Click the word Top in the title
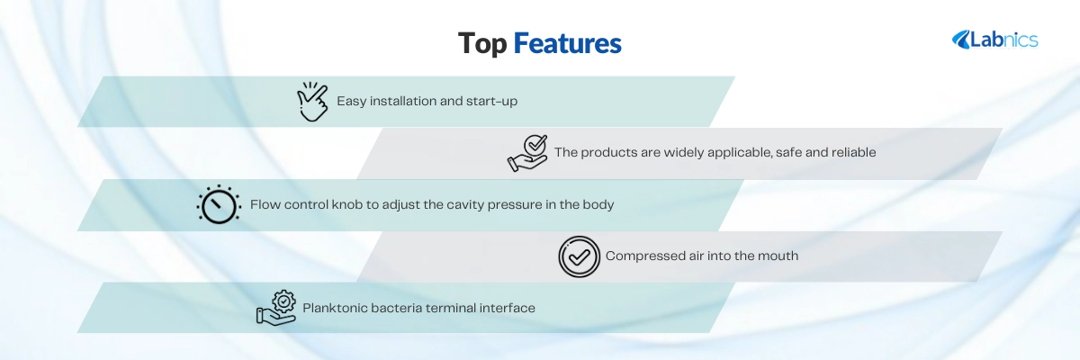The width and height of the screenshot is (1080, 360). coord(482,44)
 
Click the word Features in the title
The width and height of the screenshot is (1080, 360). coord(568,43)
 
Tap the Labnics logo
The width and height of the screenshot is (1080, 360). coord(994,40)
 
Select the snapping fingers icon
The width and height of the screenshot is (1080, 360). coord(312,101)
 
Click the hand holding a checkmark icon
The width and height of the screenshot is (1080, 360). coord(527,153)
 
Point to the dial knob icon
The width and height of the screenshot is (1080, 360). coord(219,204)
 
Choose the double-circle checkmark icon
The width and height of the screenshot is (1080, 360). coord(579,256)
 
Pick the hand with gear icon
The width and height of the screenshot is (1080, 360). coord(276,308)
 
